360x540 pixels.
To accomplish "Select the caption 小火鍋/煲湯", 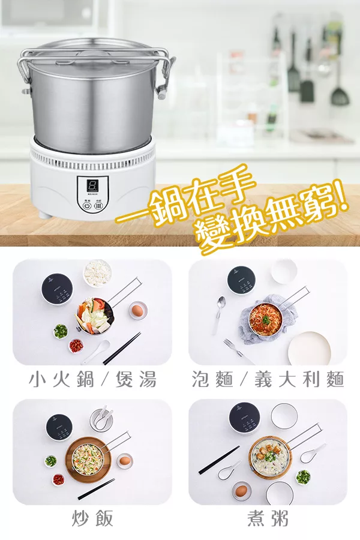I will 92,379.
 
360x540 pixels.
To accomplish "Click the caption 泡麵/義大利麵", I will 268,379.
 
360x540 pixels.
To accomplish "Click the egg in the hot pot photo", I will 137,310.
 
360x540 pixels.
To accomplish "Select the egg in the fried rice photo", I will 124,461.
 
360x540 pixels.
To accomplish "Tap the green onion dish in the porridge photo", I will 303,477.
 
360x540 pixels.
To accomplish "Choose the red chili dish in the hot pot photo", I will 76,346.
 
